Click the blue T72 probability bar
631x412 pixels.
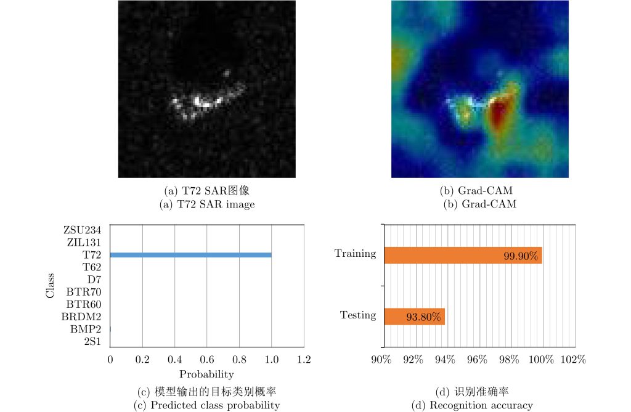(x=190, y=255)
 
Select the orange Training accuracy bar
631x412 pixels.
(x=462, y=255)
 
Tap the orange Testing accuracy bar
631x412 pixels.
(x=413, y=317)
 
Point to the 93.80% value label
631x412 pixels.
(x=423, y=317)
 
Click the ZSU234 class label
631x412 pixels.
(x=82, y=230)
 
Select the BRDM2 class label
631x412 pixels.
(x=81, y=317)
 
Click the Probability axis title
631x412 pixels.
(x=206, y=374)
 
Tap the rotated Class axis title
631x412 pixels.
(x=51, y=286)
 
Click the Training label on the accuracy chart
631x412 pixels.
(x=355, y=253)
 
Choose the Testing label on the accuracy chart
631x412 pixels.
(x=358, y=315)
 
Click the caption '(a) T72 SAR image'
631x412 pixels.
(x=206, y=204)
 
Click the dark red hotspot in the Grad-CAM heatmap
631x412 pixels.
(x=498, y=114)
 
